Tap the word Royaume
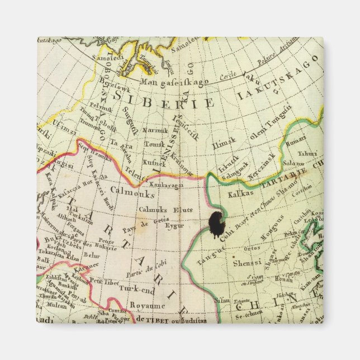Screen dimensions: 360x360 (148, 306)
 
